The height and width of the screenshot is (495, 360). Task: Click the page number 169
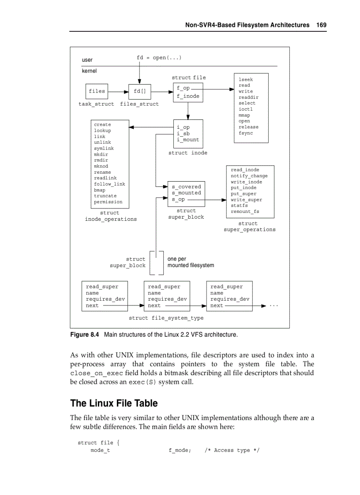321,25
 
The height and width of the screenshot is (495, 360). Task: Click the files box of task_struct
97,91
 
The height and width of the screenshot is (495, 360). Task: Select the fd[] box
139,92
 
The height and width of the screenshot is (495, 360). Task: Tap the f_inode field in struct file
188,96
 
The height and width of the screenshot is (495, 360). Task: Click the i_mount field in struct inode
188,140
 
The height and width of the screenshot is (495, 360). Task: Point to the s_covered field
186,187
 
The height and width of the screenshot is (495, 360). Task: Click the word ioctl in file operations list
246,109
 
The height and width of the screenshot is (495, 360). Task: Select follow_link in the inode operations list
109,184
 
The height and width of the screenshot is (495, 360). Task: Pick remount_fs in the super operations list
245,212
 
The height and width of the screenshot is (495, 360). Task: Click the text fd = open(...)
159,58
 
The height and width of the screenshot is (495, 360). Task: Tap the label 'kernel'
89,71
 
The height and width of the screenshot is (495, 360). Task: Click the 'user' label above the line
87,60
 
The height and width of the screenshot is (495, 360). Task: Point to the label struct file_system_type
166,318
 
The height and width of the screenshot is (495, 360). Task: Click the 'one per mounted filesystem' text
190,262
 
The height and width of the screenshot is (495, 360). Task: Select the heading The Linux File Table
114,403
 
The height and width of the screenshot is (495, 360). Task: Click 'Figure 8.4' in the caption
85,335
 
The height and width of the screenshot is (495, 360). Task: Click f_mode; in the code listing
180,450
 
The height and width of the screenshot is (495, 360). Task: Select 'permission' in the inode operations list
108,202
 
